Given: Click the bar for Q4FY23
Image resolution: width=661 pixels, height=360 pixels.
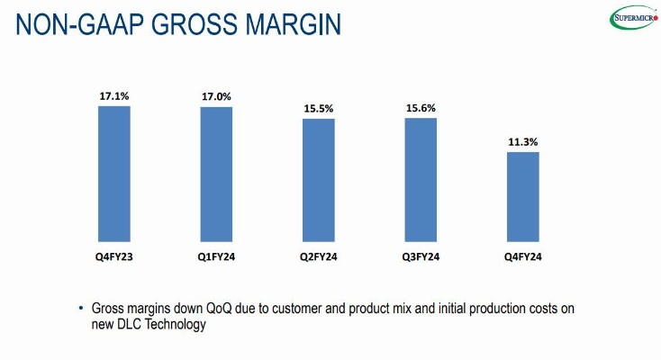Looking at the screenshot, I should [114, 171].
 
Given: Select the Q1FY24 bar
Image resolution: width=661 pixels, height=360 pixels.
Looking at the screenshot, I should [216, 172].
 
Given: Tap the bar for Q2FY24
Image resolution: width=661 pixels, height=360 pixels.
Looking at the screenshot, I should [319, 177].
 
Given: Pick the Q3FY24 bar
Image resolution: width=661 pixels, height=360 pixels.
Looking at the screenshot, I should [421, 177].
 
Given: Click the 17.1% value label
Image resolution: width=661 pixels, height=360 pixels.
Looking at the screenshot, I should [114, 95].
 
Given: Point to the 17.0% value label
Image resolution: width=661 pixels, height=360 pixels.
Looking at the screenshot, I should [216, 96].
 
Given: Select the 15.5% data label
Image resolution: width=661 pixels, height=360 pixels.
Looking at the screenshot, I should [319, 109].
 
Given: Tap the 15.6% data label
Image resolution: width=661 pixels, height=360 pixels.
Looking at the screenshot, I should [421, 108].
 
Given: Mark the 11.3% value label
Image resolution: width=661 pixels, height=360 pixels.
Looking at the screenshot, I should [523, 142].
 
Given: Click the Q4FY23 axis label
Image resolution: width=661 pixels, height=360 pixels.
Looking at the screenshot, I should [114, 258].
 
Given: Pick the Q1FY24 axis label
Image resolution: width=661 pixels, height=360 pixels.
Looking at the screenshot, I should [216, 258].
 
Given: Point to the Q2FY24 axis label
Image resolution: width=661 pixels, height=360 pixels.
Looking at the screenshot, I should [319, 258].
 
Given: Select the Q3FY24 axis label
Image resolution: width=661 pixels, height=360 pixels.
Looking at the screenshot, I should [421, 258].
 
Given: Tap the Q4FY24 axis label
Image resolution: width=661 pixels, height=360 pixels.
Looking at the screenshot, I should [523, 258].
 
